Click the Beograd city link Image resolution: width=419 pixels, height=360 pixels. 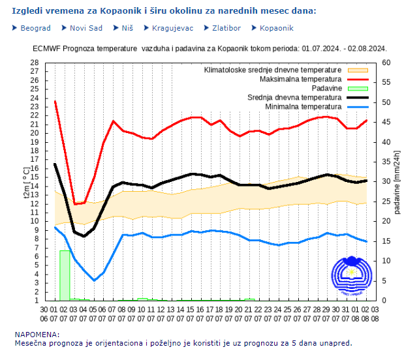click(x=35, y=28)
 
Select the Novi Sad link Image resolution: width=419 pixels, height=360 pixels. click(x=85, y=28)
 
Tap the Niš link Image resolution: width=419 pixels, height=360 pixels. click(x=127, y=28)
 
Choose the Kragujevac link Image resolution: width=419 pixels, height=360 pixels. click(x=172, y=28)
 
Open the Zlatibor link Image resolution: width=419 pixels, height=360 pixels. click(x=226, y=28)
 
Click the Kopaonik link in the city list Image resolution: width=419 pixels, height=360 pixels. click(x=276, y=28)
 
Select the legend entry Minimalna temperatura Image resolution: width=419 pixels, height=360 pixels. click(x=303, y=106)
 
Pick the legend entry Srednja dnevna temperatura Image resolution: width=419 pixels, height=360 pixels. click(x=294, y=97)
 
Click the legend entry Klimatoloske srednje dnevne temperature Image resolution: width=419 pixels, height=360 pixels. click(x=273, y=70)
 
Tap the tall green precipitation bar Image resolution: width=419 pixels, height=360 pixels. click(x=65, y=275)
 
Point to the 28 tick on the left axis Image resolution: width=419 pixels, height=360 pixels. click(x=35, y=63)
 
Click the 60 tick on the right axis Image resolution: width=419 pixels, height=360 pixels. click(x=386, y=63)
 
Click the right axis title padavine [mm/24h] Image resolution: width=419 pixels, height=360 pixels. click(x=396, y=182)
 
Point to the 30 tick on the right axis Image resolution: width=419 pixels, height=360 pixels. click(x=386, y=181)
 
